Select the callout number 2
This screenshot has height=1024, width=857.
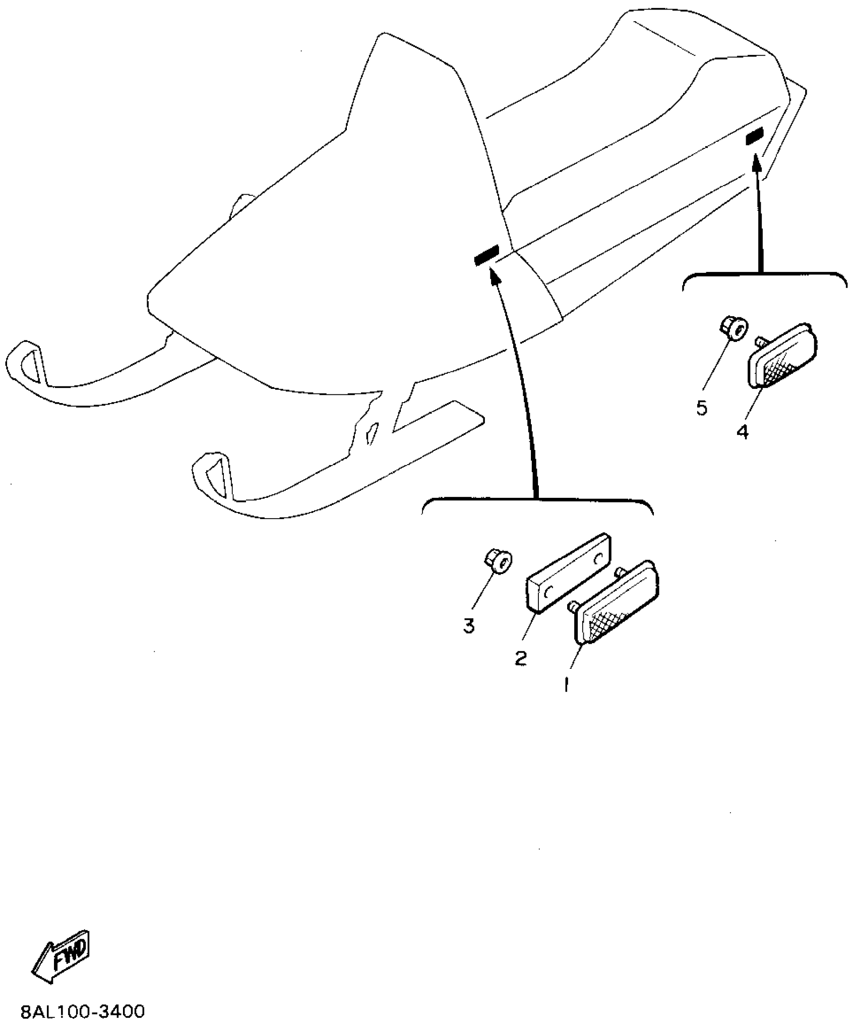pyautogui.click(x=521, y=658)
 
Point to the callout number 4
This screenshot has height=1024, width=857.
pyautogui.click(x=743, y=432)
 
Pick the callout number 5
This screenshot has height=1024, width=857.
pyautogui.click(x=702, y=408)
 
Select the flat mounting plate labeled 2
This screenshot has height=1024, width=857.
pyautogui.click(x=569, y=573)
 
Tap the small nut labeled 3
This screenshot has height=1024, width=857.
pyautogui.click(x=497, y=560)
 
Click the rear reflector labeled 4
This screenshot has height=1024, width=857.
pyautogui.click(x=781, y=355)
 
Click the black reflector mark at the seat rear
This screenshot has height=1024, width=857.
pyautogui.click(x=755, y=136)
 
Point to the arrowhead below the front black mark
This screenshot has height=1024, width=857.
pyautogui.click(x=496, y=275)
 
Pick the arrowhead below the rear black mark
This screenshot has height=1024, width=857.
pyautogui.click(x=755, y=162)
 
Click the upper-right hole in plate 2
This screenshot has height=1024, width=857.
pyautogui.click(x=598, y=559)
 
